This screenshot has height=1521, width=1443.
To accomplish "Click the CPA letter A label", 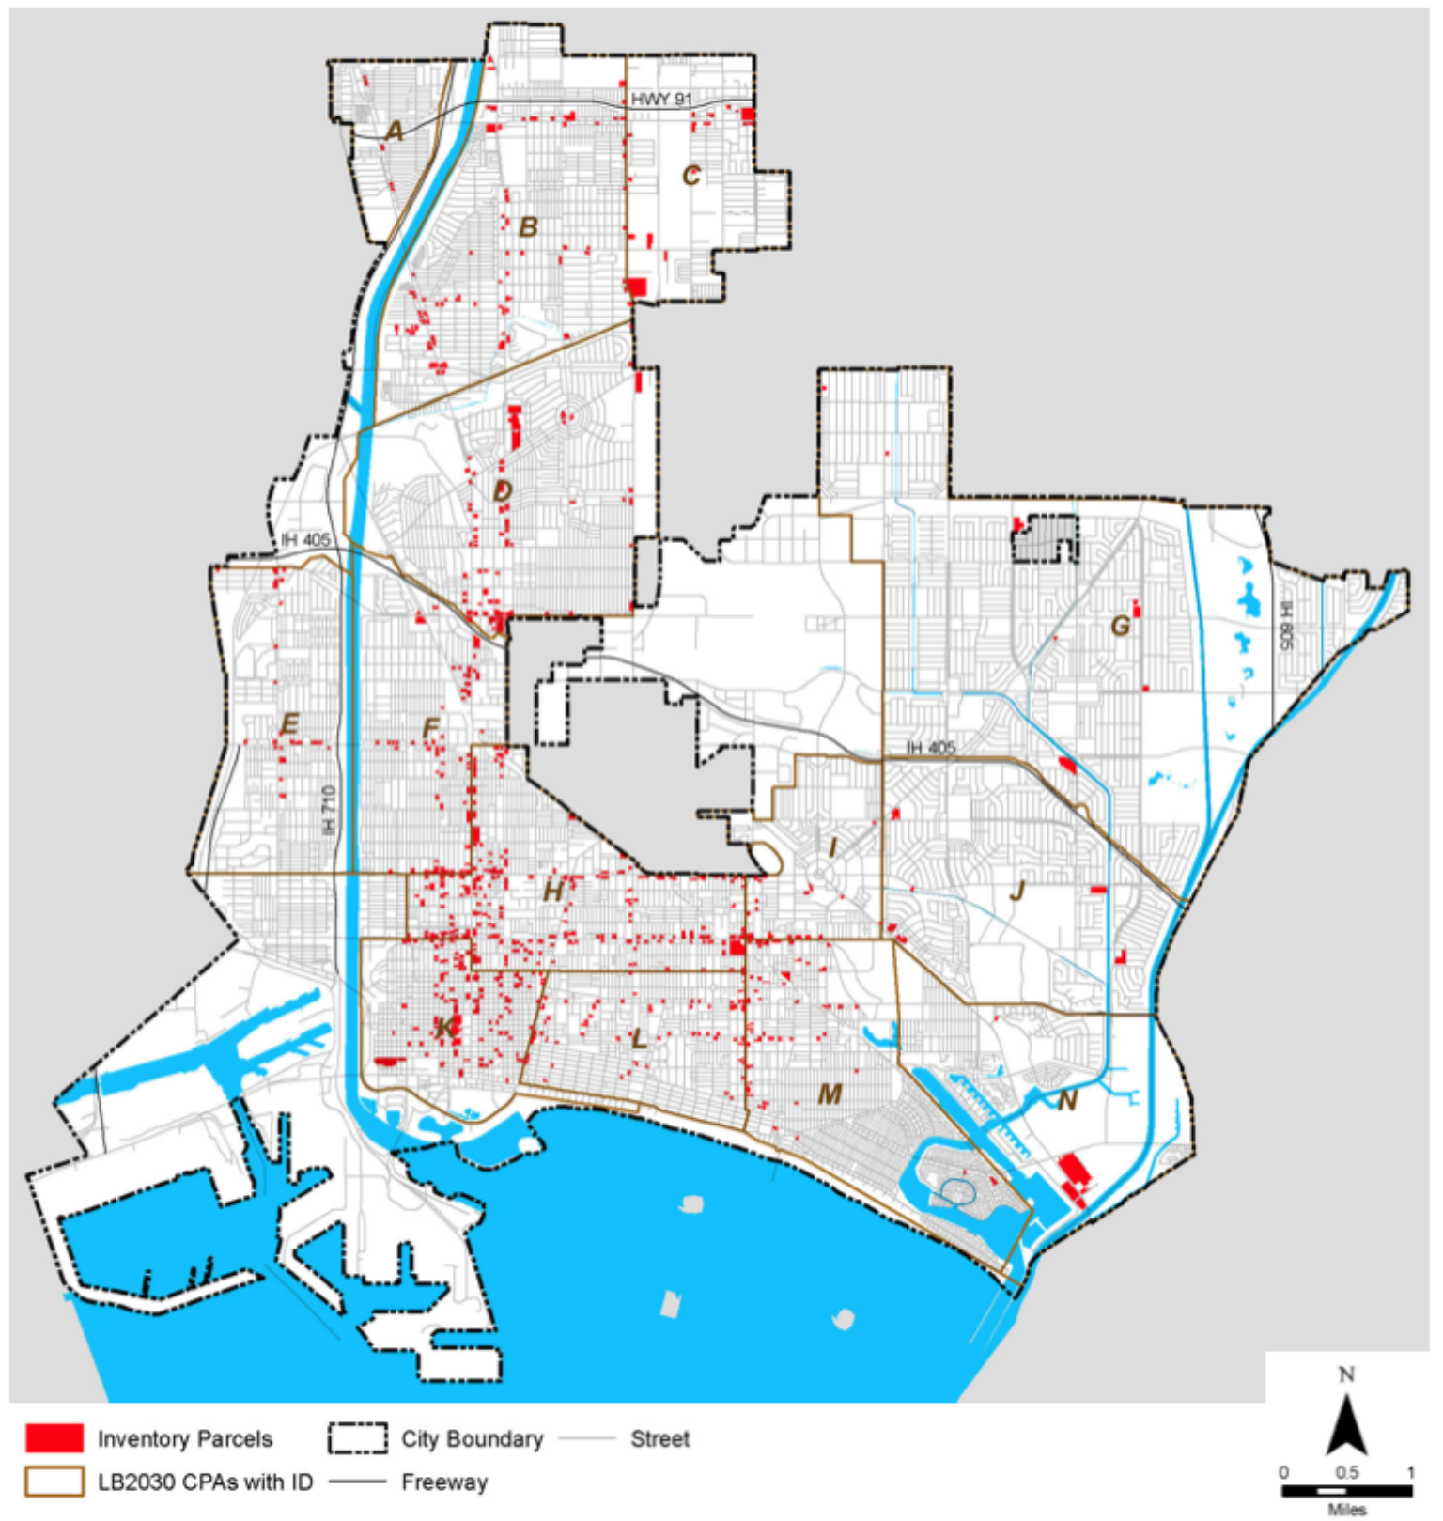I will point(395,131).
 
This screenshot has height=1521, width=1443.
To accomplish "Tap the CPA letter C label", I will point(691,176).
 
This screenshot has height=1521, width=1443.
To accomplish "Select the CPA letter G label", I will point(1120,626).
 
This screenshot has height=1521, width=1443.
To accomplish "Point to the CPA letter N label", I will point(1067,1100).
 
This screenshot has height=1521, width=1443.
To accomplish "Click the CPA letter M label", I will point(830,1094).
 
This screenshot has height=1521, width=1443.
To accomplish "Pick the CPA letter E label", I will point(289,724).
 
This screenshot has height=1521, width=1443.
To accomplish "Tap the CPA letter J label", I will point(1017,891).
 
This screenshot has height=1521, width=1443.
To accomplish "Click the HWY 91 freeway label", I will point(660,100).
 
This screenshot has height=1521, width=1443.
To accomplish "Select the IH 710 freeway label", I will point(328,810).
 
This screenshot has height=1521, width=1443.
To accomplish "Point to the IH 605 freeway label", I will point(1286,626).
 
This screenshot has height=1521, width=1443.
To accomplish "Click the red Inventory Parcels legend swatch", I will point(54,1438).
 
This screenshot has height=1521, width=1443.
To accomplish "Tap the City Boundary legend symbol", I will point(357,1438).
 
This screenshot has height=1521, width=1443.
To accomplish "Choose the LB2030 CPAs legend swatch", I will point(54,1482).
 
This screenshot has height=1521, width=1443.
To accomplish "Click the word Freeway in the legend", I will point(444,1482).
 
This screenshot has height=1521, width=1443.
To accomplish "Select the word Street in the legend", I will point(659,1439).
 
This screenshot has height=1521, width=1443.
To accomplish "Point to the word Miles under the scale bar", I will point(1346,1510).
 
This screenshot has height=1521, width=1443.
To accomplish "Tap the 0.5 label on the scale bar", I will point(1347,1472).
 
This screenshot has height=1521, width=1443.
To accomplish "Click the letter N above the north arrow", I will point(1346,1374).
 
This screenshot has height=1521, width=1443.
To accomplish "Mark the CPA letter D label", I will point(503,490).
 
